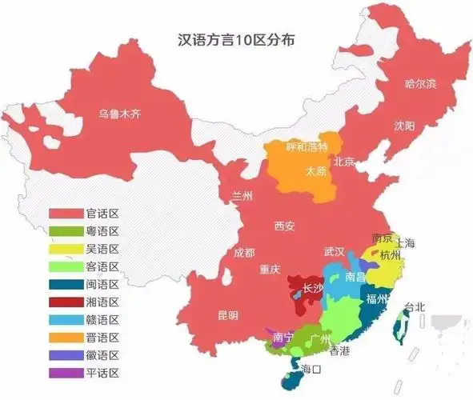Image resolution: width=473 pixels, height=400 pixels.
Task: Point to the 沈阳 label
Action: click(x=404, y=126)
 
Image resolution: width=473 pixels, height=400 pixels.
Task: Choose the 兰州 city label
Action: click(x=243, y=196)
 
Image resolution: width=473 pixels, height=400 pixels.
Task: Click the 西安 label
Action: click(x=284, y=226)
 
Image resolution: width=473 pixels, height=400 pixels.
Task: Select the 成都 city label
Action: click(x=245, y=253)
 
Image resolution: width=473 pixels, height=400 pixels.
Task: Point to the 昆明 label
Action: click(x=227, y=315)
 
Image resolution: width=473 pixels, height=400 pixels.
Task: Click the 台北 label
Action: click(x=415, y=306)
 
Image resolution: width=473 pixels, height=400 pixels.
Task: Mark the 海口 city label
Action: click(x=311, y=369)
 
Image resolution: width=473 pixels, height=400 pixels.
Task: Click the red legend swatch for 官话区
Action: click(x=66, y=214)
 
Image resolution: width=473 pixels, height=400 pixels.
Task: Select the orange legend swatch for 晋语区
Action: click(x=66, y=338)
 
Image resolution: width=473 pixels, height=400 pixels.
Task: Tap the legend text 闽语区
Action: click(x=102, y=285)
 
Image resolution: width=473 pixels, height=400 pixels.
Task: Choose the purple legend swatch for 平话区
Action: click(x=66, y=373)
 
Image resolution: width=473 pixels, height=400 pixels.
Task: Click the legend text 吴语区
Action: click(x=102, y=249)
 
